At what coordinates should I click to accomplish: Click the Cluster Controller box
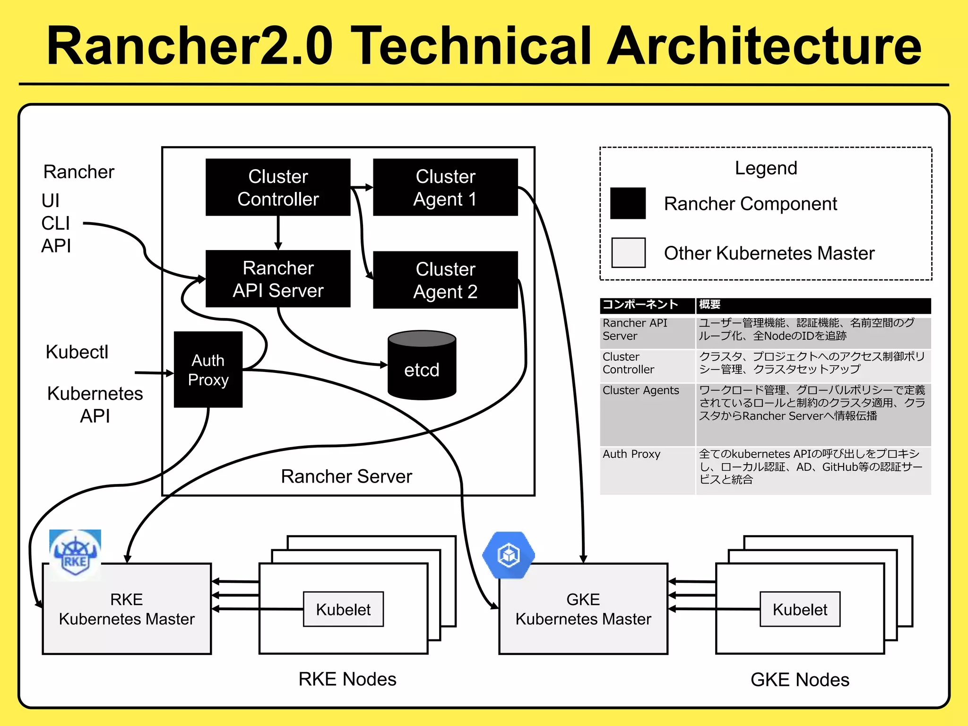tap(278, 187)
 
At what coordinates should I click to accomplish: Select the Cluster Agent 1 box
tap(445, 187)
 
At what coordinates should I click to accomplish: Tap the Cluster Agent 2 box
tap(445, 280)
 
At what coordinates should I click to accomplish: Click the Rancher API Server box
tap(278, 279)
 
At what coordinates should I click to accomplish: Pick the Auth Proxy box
tap(208, 370)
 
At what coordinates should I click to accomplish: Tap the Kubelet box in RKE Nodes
tap(343, 609)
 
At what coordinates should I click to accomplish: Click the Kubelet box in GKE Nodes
tap(800, 609)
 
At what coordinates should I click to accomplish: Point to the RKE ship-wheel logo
tap(75, 554)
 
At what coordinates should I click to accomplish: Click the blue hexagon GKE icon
tap(509, 555)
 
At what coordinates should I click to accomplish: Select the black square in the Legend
tap(628, 203)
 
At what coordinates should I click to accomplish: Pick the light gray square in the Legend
tap(628, 252)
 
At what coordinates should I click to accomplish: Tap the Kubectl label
tap(77, 352)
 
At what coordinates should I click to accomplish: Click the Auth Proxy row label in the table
tap(631, 454)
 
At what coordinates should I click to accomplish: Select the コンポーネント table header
tap(640, 304)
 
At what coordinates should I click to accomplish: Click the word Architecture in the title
tap(764, 46)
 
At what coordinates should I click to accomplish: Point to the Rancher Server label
tap(346, 476)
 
